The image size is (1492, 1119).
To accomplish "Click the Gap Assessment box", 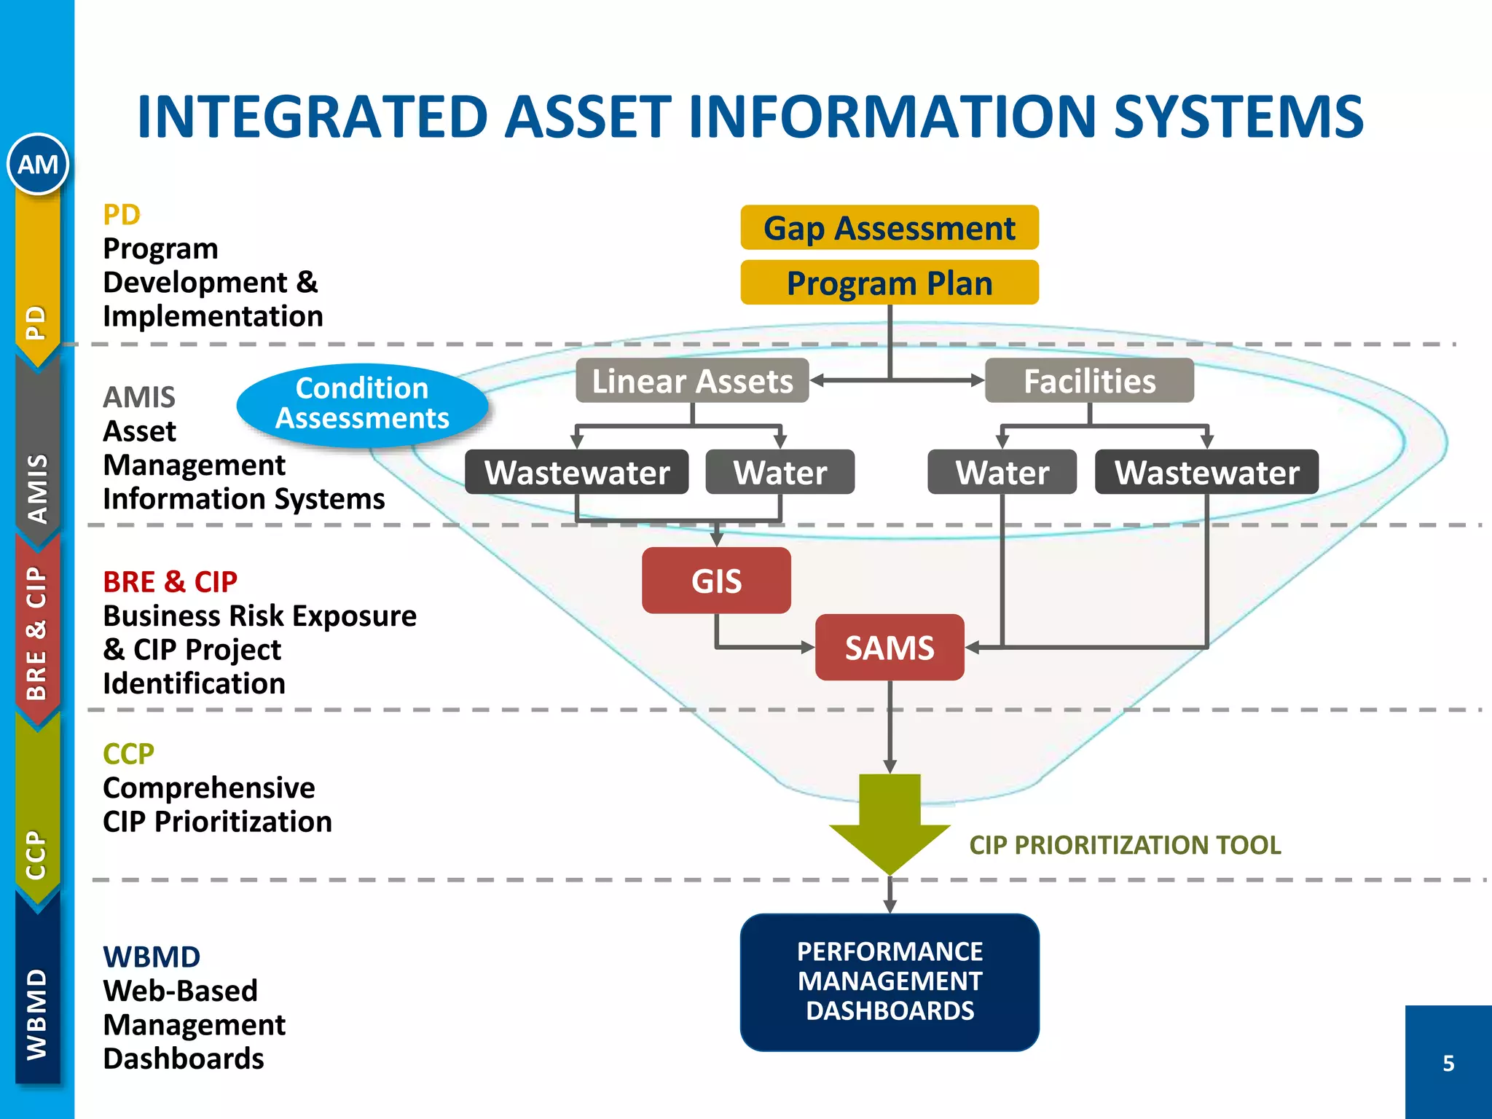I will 889,228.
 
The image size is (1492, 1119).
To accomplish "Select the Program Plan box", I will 889,283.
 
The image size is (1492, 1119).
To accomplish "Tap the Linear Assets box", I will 692,381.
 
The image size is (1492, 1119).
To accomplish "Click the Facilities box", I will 1089,381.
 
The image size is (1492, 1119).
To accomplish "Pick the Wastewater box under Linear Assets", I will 577,473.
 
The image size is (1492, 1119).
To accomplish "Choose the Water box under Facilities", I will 1002,473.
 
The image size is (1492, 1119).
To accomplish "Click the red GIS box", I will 716,581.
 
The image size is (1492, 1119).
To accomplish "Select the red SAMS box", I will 890,648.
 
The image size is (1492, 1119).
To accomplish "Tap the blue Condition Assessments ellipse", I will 362,404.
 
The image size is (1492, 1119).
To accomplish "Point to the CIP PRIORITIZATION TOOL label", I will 1125,845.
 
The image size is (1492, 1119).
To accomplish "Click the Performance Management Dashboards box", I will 890,981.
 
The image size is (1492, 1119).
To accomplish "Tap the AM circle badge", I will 38,165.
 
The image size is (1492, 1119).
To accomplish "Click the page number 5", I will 1448,1064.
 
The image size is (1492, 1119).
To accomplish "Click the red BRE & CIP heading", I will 170,582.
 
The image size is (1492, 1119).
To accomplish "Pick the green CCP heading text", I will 128,754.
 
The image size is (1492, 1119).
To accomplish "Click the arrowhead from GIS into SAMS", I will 808,647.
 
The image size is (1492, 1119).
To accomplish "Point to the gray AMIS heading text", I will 139,398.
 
